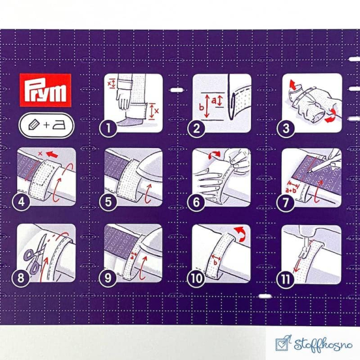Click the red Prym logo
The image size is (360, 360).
(45, 91)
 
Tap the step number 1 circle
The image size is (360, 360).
(108, 128)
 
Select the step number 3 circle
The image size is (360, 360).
(285, 128)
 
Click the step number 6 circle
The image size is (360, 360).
(197, 202)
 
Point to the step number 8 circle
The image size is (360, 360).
(21, 278)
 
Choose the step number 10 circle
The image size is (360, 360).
(197, 278)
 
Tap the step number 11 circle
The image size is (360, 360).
(285, 279)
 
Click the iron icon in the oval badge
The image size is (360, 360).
(59, 125)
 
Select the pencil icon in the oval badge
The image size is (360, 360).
(34, 125)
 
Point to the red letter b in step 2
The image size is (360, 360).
(201, 107)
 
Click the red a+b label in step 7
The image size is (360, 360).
(291, 190)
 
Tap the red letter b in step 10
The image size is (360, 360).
(216, 262)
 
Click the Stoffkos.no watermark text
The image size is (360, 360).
(323, 345)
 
